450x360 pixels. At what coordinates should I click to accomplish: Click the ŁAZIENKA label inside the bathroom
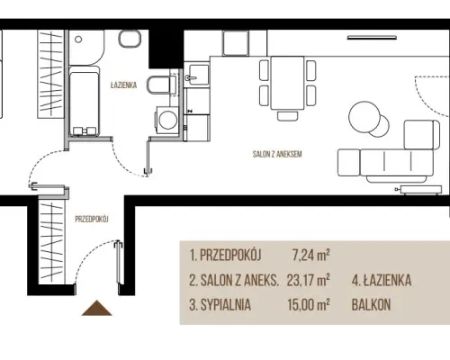pos(123,85)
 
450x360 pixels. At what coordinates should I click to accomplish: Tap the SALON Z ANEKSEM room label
pos(277,154)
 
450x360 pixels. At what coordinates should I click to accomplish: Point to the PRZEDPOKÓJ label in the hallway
pos(92,220)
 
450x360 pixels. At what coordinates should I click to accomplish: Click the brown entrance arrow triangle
pos(97,308)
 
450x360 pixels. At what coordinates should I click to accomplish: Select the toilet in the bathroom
pos(161,85)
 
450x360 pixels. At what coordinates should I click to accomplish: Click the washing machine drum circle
pos(168,120)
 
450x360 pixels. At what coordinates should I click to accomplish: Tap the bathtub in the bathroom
pos(85,102)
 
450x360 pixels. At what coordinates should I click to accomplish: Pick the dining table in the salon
pos(287,83)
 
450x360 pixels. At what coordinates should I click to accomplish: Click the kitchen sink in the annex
pos(196,75)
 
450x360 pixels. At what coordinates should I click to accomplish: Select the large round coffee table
pos(364,116)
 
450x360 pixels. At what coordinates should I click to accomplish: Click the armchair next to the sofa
pos(421,135)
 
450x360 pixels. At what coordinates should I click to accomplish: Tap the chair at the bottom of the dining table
pos(288,116)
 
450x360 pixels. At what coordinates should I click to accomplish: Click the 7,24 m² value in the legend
pos(311,256)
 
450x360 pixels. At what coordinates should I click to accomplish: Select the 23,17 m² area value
pos(309,280)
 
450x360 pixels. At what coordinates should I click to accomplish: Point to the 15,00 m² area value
pos(309,304)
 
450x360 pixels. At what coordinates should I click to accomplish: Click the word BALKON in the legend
pos(371,305)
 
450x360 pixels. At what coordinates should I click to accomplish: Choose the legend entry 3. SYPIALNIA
pos(220,305)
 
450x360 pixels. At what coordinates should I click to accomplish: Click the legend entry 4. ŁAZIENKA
pos(382,280)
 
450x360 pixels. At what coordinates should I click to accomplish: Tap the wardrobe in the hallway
pos(51,242)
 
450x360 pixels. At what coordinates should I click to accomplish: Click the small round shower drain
pos(78,40)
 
